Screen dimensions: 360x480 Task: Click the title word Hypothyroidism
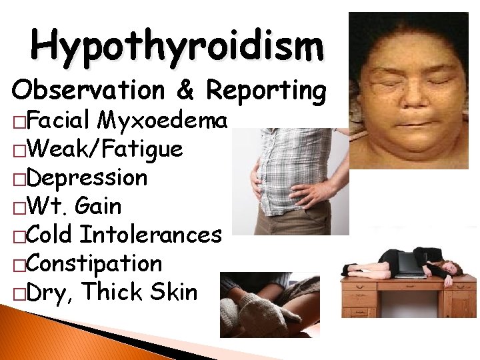[x=177, y=45]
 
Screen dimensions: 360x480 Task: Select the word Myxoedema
[x=164, y=121]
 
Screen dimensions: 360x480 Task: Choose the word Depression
[x=86, y=179]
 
